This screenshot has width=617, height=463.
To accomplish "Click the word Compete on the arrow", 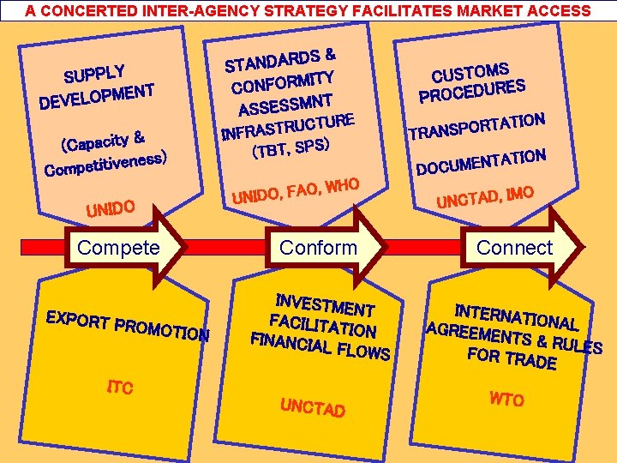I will tap(118, 248).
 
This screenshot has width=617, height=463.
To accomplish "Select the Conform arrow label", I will tap(318, 248).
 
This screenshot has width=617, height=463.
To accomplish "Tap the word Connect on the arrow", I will tap(514, 248).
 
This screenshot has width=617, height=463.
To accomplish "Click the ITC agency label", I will tap(119, 388).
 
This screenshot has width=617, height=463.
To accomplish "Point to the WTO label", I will tap(506, 399).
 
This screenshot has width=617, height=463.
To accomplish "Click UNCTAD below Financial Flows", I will tap(312, 406).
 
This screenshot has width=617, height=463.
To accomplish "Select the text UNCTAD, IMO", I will tap(486, 196).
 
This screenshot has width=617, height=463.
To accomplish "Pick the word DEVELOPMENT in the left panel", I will tap(96, 96).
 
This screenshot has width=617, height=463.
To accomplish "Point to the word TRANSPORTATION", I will tap(476, 125).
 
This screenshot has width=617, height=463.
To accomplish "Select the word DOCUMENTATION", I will tap(481, 160).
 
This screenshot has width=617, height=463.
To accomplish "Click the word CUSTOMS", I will tap(470, 72).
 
